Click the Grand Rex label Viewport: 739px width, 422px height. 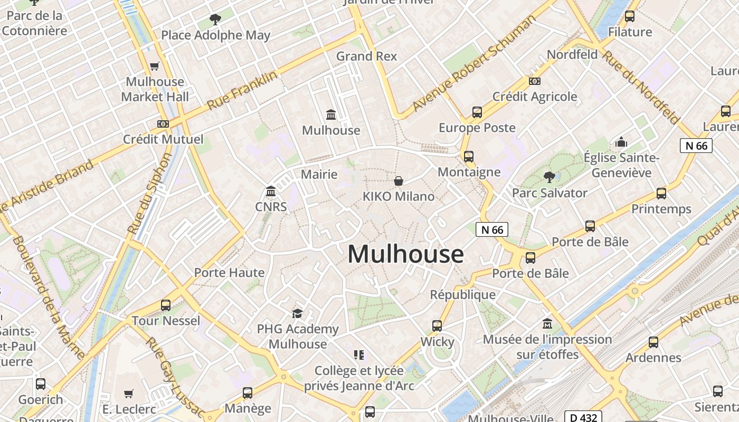pos(366,56)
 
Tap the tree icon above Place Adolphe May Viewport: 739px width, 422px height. pos(215,20)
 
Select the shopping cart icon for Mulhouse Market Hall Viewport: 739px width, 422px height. pos(155,66)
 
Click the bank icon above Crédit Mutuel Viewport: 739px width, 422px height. pos(163,124)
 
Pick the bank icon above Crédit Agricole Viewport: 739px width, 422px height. pos(535,81)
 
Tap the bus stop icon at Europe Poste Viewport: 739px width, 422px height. pos(477,112)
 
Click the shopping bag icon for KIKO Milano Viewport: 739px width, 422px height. pos(399,181)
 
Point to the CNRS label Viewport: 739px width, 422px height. pos(271,207)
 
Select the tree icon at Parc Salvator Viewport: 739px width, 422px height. pos(549,177)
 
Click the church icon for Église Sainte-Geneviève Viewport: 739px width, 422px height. pos(621,142)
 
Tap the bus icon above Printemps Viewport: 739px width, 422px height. pos(661,194)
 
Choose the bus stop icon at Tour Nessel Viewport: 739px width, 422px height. pos(166,305)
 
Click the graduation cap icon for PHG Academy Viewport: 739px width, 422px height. pos(298,314)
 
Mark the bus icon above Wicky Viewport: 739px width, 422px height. pos(437,326)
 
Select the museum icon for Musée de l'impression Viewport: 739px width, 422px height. pos(547,323)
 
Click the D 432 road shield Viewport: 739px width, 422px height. pos(583,417)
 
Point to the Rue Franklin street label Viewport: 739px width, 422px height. pos(242,91)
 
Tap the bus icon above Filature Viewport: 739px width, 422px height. pos(630,16)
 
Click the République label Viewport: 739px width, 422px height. pos(463,294)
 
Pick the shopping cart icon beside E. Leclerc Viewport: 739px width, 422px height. pos(129,394)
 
